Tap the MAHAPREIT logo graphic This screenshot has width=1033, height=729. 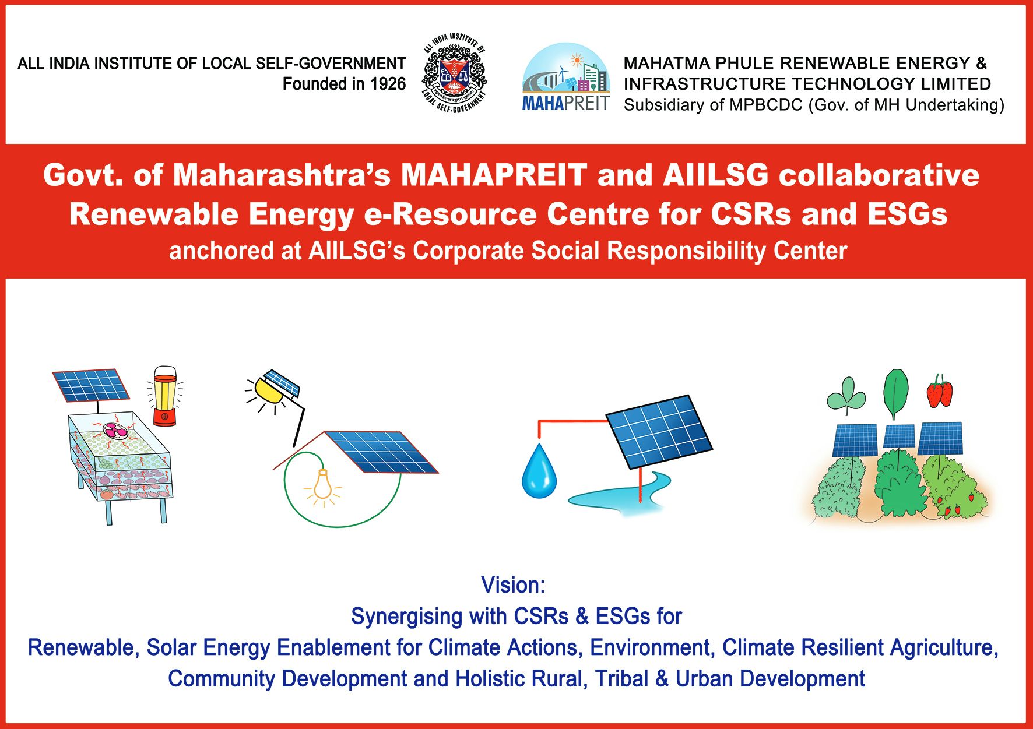pos(566,76)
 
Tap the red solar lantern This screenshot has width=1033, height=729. pos(164,396)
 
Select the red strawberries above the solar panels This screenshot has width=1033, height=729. pos(939,391)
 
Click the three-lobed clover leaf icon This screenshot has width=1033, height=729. pos(846,395)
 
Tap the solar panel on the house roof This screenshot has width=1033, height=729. pos(381,452)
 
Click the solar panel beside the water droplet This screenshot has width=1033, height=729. pos(659,432)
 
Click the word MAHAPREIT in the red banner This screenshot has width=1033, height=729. pos(494,175)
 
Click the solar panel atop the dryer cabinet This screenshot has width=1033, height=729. pos(90,385)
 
